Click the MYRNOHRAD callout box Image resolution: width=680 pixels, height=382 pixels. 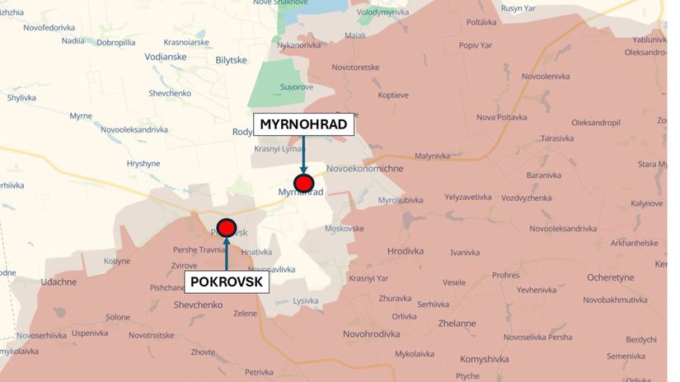[305, 125]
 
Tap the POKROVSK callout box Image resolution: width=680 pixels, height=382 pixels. [226, 282]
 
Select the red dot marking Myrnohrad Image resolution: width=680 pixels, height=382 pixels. [304, 183]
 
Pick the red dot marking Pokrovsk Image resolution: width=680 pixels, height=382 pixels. [226, 227]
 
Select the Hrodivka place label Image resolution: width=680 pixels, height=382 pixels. [405, 251]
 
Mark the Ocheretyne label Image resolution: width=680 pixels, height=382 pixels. [609, 277]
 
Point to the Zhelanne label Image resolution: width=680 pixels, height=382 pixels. [457, 324]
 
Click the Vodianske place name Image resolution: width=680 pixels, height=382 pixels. [164, 57]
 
